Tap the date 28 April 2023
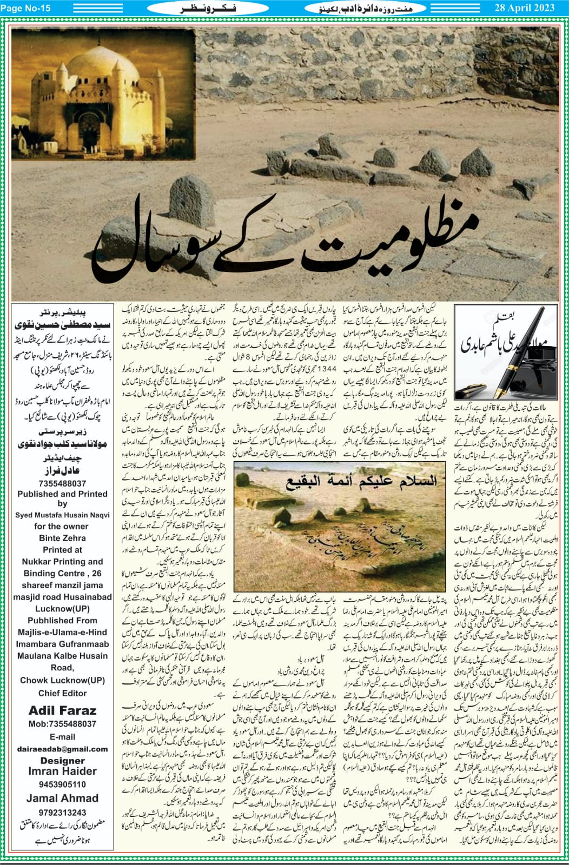tap(524, 8)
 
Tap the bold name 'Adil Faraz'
tap(62, 710)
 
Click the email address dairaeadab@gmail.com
tap(62, 749)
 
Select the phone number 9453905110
tap(62, 784)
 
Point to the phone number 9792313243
tap(62, 812)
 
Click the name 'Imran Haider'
tap(62, 771)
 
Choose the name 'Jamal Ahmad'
tap(62, 798)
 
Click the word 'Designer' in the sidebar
tap(62, 760)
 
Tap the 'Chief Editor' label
tap(62, 693)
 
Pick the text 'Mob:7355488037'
tap(62, 724)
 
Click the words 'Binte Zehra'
tap(62, 538)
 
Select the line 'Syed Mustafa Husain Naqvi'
tap(62, 515)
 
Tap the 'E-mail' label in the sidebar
tap(62, 737)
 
